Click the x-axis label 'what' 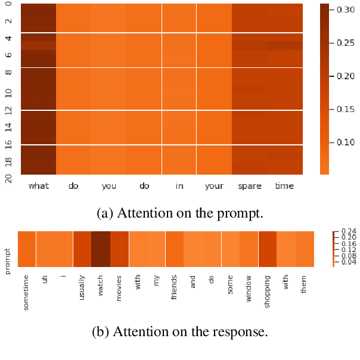pyautogui.click(x=39, y=186)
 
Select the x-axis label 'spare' pyautogui.click(x=250, y=187)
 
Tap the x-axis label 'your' pyautogui.click(x=215, y=187)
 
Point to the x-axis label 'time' pyautogui.click(x=285, y=186)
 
